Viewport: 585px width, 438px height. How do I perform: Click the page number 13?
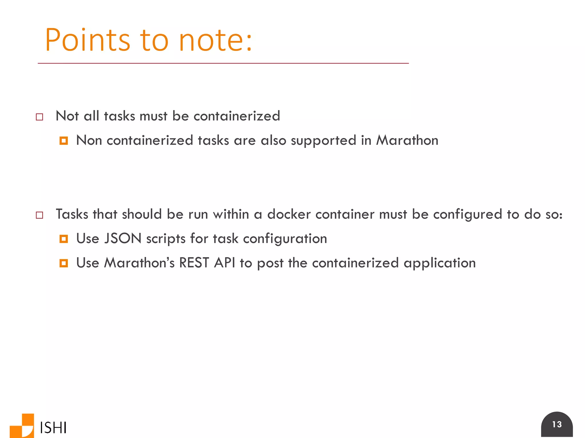[x=557, y=424]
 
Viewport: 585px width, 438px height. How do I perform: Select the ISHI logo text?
[x=53, y=427]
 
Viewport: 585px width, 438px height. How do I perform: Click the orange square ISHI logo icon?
[x=22, y=426]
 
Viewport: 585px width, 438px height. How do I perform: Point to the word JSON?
[x=123, y=238]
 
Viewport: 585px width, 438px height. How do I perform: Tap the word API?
[x=225, y=263]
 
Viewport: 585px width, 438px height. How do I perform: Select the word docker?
[x=289, y=214]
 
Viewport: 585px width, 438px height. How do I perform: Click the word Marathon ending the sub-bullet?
[x=407, y=140]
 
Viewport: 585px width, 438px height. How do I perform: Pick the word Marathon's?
[x=139, y=263]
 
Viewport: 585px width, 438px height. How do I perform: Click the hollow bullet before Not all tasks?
[x=39, y=117]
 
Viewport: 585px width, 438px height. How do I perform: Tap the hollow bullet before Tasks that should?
[x=39, y=215]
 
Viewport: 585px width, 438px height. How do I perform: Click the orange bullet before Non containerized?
[x=64, y=141]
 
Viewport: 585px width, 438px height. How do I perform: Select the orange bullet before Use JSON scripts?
[x=64, y=239]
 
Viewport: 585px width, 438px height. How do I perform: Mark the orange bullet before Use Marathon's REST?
[x=64, y=263]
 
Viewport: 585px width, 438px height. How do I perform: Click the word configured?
[x=468, y=214]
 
